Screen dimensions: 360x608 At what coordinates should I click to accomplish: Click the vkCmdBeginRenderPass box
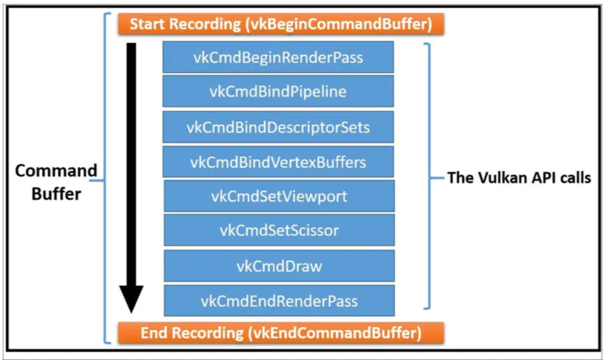coord(278,58)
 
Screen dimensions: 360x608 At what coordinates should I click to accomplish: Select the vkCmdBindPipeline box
coord(278,92)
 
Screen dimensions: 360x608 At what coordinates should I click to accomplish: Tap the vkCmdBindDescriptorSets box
coord(278,127)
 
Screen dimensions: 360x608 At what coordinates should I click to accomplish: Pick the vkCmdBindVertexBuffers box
coord(278,162)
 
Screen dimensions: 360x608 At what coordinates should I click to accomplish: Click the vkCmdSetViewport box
coord(278,196)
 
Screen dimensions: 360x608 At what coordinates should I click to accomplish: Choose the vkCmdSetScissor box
coord(278,231)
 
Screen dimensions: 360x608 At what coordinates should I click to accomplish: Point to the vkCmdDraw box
coord(278,265)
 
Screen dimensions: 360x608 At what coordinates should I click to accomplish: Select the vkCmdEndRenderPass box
coord(278,300)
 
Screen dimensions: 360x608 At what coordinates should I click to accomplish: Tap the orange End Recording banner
coord(280,333)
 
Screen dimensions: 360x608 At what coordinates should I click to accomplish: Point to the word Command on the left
coord(56,172)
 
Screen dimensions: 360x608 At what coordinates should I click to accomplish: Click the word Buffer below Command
coord(56,194)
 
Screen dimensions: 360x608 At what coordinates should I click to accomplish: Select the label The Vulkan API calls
coord(519,177)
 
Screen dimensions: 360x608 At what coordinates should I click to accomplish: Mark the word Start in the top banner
coord(146,25)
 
